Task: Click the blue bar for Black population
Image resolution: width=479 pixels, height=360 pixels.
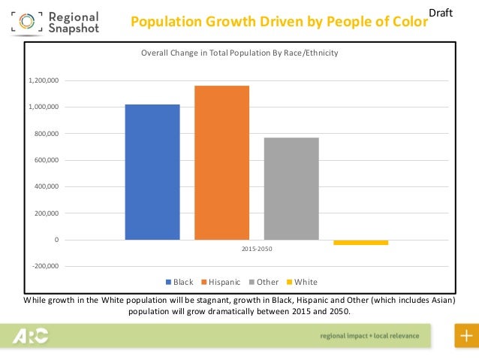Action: pos(152,172)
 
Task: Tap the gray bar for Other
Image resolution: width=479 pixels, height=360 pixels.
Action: pos(291,189)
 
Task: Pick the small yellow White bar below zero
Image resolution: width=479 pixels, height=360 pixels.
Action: pos(360,243)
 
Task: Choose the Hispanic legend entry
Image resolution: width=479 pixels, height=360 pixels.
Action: pos(220,283)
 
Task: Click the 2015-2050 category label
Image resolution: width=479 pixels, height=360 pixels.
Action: pos(257,248)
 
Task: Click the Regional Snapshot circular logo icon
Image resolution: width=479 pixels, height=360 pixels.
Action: pos(26,23)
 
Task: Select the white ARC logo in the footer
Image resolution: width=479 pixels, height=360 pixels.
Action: pos(31,336)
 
